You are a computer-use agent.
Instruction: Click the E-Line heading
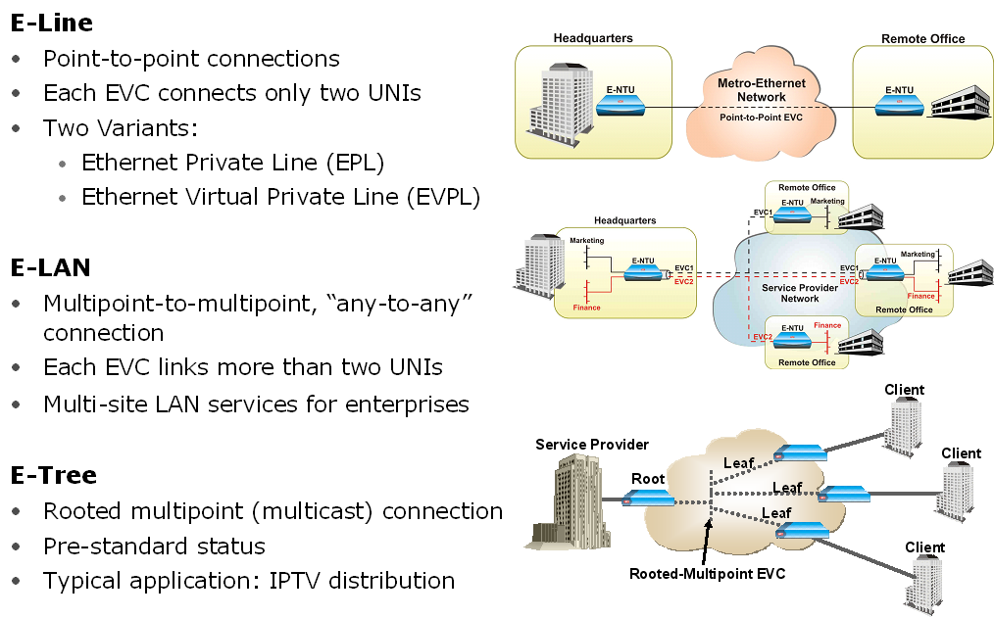tap(52, 22)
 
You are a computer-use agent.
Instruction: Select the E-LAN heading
tap(51, 267)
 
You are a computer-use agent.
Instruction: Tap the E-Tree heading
tap(54, 476)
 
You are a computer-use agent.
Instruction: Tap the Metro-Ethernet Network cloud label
tap(761, 91)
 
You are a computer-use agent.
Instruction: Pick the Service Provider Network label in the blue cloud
tap(799, 293)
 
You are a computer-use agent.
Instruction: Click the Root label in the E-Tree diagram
tap(647, 479)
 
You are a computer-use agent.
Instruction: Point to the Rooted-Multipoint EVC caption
tap(706, 573)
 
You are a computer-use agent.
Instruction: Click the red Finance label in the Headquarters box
tap(587, 308)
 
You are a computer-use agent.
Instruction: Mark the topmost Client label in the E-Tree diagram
tap(904, 390)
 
